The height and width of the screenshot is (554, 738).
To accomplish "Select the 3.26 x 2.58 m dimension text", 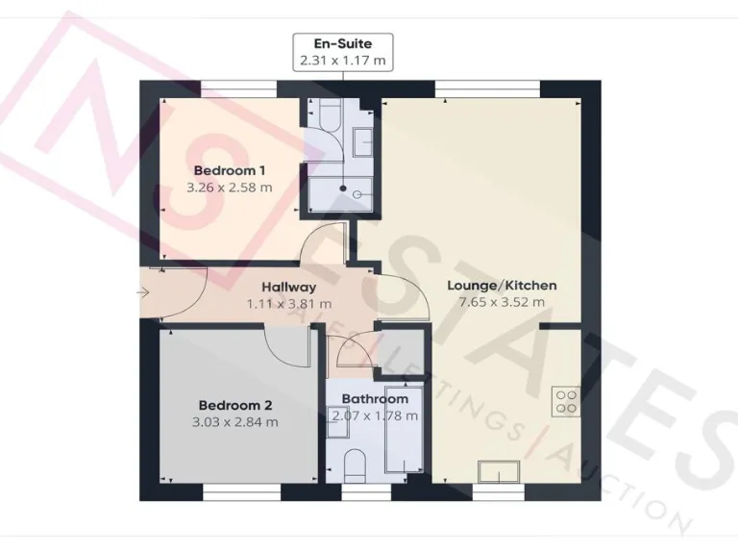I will (x=228, y=188).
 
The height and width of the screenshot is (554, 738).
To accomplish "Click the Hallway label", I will (x=288, y=287).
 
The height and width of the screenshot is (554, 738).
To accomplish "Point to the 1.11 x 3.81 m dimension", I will (x=288, y=303).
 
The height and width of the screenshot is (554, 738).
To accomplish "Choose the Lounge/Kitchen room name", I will (x=502, y=286).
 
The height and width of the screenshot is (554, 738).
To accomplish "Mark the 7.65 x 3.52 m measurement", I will (x=502, y=302).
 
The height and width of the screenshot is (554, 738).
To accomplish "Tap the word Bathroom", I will (x=375, y=398).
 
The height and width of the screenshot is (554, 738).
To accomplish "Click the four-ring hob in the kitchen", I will (x=565, y=402).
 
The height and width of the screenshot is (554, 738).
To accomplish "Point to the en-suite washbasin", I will (x=364, y=142).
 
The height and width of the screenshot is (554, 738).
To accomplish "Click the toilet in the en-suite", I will (x=320, y=120).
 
